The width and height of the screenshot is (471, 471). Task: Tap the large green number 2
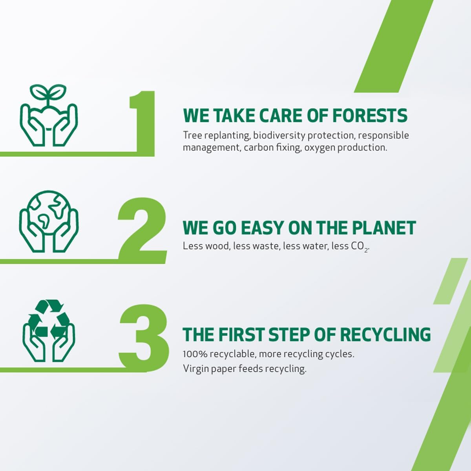[x=142, y=230]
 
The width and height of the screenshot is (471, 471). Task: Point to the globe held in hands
[x=49, y=213]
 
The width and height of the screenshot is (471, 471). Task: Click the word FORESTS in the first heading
[x=370, y=115]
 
